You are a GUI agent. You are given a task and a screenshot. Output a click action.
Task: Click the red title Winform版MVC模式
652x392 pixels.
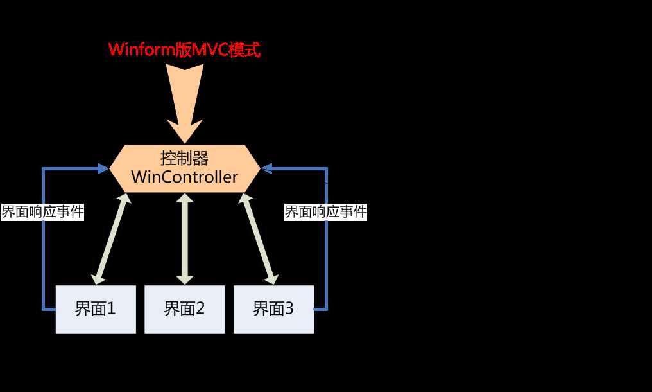184,50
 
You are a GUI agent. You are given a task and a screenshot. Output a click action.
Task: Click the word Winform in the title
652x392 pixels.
140,50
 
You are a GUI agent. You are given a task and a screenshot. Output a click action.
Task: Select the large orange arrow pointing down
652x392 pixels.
185,96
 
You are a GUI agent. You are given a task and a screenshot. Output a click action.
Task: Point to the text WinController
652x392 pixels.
185,177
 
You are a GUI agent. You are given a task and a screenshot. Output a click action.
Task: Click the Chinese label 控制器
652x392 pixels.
185,158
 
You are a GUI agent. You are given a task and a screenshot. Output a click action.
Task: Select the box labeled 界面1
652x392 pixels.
96,309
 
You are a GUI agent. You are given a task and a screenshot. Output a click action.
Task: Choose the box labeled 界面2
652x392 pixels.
184,309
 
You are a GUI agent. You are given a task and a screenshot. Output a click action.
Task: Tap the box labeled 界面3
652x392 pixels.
273,309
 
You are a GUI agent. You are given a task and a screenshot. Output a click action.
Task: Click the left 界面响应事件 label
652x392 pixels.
43,212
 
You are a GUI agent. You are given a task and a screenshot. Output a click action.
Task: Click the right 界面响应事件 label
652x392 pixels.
326,212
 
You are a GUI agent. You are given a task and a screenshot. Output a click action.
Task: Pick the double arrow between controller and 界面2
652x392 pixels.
185,238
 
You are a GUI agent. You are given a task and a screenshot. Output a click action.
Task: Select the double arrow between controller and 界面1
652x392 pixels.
110,238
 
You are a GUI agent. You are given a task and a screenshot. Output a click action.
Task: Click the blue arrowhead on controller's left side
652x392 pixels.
103,168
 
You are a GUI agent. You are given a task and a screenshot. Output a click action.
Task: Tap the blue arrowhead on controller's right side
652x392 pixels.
267,168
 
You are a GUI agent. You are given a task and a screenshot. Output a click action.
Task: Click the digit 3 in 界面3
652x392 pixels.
288,309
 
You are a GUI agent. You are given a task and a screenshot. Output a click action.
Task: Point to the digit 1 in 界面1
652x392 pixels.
110,309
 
